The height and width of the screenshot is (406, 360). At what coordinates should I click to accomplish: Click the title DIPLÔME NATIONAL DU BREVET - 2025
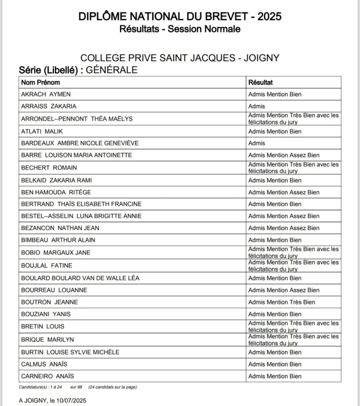click(180, 16)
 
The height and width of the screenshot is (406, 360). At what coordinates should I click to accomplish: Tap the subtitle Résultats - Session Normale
click(180, 29)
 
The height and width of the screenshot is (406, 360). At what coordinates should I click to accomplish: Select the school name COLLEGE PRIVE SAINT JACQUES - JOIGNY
click(180, 58)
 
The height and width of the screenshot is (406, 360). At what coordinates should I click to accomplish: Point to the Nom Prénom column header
click(40, 82)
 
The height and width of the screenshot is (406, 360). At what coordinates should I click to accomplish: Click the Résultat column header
click(260, 82)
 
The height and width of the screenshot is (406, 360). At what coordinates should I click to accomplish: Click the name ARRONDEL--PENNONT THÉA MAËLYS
click(77, 119)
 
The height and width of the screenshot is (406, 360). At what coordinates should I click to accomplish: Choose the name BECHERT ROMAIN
click(49, 168)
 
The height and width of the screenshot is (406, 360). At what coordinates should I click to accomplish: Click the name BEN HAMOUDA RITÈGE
click(56, 192)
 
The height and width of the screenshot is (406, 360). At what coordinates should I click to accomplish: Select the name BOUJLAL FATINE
click(47, 265)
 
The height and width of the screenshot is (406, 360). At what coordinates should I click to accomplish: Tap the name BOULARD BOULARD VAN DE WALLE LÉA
click(80, 278)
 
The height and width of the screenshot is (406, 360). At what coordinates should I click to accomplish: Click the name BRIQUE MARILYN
click(47, 339)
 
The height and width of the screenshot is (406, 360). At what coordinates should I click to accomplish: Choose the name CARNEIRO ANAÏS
click(47, 376)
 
